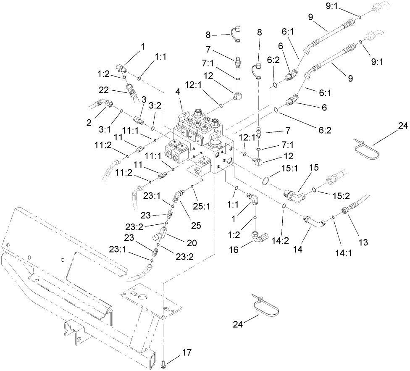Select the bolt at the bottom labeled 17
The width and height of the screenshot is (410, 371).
pyautogui.click(x=164, y=362)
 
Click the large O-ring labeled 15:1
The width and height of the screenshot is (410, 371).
pyautogui.click(x=265, y=181)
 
